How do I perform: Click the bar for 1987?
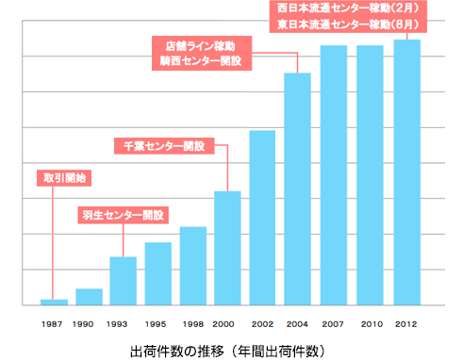[54, 302]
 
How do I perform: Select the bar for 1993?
[124, 281]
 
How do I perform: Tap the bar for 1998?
[193, 266]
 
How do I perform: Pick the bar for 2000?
[227, 248]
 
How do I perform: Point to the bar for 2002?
[262, 218]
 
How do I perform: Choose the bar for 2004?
[298, 188]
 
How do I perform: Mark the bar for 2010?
[371, 175]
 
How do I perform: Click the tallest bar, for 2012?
[406, 172]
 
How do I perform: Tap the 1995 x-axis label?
[158, 323]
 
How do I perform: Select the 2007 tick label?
[334, 323]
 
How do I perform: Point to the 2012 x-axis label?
[406, 323]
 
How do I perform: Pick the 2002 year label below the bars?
[262, 323]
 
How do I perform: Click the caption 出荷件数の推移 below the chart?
[179, 351]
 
